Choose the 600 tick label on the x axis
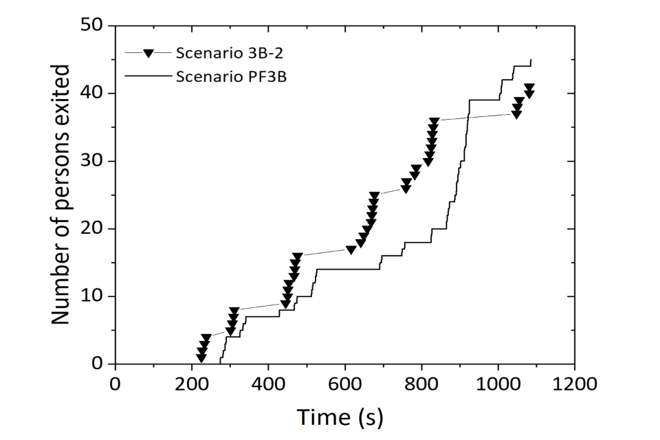pos(345,383)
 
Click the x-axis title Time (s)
pos(340,416)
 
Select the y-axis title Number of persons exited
pos(61,195)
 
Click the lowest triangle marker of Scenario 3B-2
pos(201,357)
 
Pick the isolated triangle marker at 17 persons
pos(351,250)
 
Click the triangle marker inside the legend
pos(146,53)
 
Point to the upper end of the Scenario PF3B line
pos(531,60)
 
